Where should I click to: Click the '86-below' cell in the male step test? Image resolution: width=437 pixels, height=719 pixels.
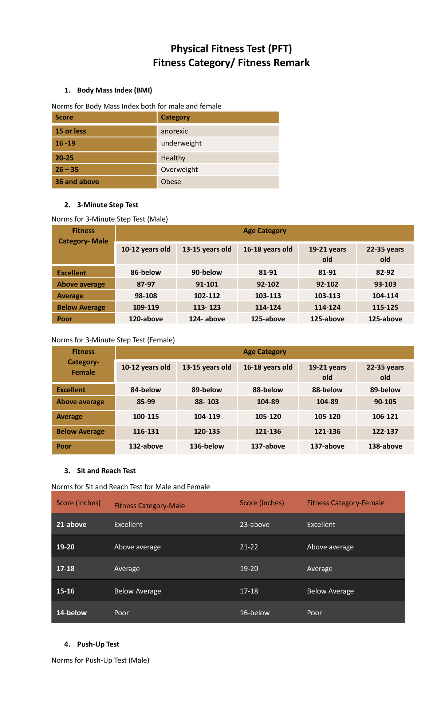click(x=146, y=272)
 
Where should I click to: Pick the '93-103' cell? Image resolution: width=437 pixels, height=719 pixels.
click(x=385, y=284)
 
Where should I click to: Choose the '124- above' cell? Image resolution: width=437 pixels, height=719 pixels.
click(x=207, y=319)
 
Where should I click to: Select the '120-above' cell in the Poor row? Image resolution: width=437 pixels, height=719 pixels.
click(x=146, y=319)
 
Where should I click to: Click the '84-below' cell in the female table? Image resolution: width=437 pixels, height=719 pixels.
click(x=146, y=390)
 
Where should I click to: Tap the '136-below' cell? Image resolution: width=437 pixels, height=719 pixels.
click(x=207, y=446)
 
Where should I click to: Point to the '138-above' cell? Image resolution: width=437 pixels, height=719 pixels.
click(x=385, y=446)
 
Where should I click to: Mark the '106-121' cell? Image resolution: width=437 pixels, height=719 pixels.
click(x=385, y=417)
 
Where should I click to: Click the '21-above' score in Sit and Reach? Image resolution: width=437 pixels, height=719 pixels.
click(x=71, y=524)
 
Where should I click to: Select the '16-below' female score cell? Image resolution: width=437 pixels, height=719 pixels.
click(x=255, y=613)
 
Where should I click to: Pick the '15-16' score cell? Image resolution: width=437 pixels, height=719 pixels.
click(x=66, y=591)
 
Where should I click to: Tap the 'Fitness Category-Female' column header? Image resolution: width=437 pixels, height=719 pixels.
click(x=346, y=503)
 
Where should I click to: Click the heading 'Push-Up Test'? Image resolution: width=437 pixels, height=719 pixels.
click(x=98, y=644)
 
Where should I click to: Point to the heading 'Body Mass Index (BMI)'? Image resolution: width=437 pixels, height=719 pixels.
click(x=114, y=90)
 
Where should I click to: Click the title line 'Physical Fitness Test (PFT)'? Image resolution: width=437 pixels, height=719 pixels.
click(x=231, y=49)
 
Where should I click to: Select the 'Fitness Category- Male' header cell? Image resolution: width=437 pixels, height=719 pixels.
click(x=83, y=236)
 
